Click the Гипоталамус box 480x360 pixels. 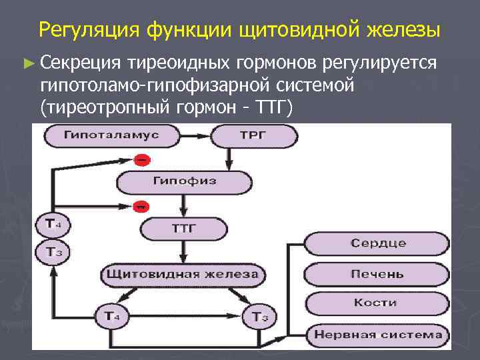(x=111, y=135)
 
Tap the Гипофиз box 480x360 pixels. (x=184, y=181)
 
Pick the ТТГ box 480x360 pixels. (x=185, y=229)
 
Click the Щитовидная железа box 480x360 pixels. (x=184, y=275)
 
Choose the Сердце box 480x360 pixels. (x=377, y=243)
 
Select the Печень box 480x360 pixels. (x=377, y=273)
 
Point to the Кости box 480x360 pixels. (x=377, y=303)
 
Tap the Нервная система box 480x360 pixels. (x=377, y=334)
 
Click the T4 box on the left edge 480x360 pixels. (x=54, y=224)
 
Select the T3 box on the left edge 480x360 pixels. (x=54, y=253)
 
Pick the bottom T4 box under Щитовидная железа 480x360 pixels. (x=112, y=315)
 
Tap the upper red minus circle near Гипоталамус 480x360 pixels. (x=141, y=160)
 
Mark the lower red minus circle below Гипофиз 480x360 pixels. (x=141, y=206)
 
